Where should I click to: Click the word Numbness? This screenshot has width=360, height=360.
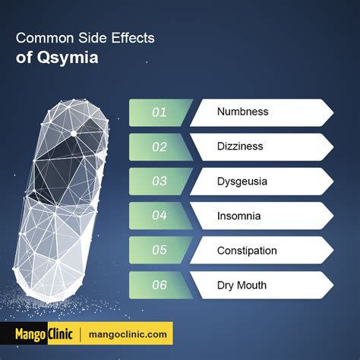pos(243,112)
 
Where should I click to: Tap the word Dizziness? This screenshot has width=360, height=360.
pos(240,147)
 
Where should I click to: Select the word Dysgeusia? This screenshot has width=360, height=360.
pos(242,182)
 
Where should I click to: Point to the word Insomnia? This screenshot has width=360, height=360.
pos(238,216)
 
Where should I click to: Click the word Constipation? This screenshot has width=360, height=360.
pos(247,251)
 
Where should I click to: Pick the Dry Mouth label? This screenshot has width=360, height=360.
pos(242,286)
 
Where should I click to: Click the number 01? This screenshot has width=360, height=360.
pos(159,112)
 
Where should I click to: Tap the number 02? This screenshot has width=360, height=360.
pos(159,147)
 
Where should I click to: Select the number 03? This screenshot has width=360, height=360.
pos(159,182)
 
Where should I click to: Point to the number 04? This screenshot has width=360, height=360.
pos(159,216)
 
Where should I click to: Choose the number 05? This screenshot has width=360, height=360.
pos(159,250)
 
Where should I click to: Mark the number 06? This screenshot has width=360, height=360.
pos(159,285)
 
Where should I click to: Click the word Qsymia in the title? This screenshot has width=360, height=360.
pos(68,58)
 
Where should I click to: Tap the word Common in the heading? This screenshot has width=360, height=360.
pos(45,38)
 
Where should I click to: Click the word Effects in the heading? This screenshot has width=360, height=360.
pos(133,38)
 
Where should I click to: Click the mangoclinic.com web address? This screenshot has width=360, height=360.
pos(128,334)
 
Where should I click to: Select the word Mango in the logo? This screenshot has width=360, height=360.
pos(31,335)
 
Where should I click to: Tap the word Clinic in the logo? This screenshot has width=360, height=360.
pos(60,334)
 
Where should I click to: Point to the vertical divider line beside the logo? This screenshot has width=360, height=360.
pos(81,334)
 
